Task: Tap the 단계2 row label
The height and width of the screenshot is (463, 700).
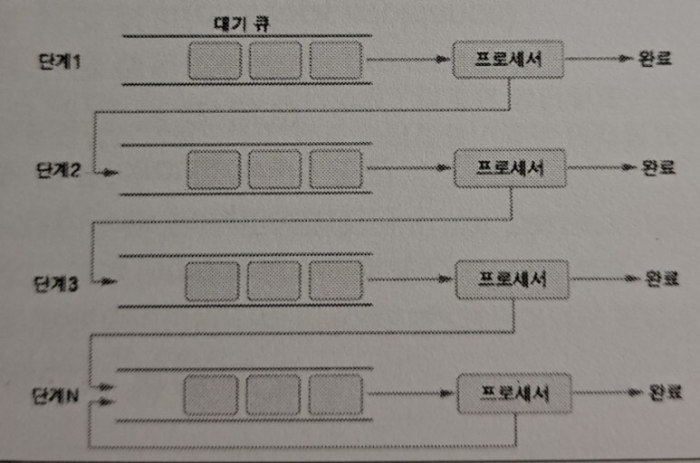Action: (56, 171)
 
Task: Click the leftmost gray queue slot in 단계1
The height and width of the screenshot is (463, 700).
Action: (215, 61)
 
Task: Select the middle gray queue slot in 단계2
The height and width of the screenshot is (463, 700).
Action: (273, 169)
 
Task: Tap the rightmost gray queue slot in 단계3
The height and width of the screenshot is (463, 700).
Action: (334, 280)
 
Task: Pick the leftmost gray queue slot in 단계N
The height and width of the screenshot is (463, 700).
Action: (210, 395)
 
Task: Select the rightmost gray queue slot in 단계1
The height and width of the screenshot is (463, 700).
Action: (335, 61)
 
